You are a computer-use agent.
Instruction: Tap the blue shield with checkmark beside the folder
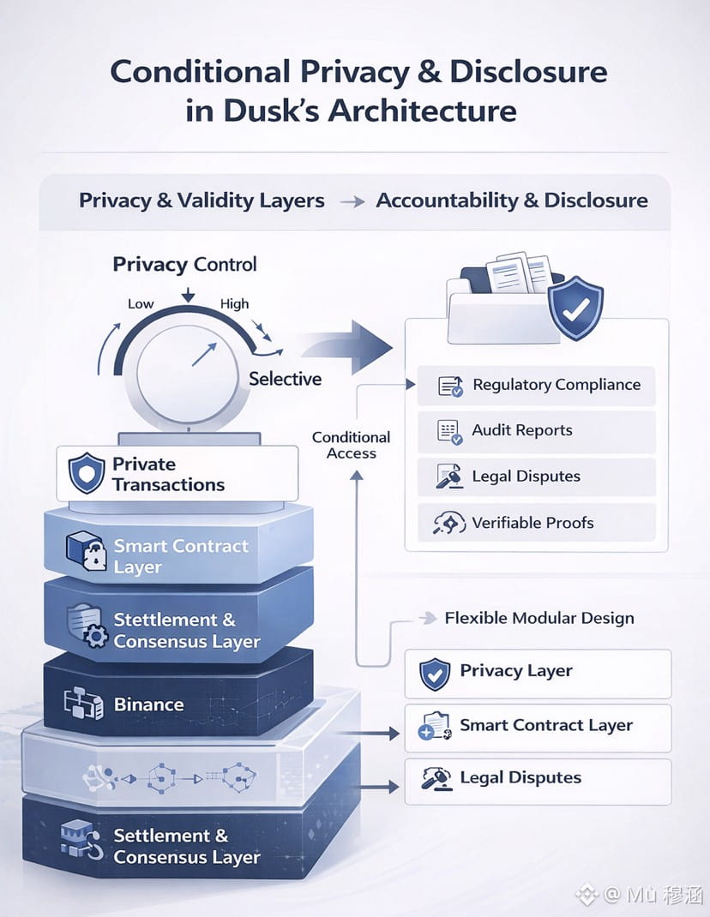[575, 308]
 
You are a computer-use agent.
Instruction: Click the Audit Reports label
[521, 430]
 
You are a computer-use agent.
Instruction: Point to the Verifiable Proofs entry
[532, 522]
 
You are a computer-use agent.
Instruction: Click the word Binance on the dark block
[148, 704]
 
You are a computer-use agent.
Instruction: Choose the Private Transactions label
[167, 474]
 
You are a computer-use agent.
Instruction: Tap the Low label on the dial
[141, 303]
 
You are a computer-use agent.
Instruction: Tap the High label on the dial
[234, 303]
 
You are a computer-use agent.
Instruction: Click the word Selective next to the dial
[285, 379]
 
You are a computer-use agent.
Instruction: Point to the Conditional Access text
[351, 445]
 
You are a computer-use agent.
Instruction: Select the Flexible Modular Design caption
[539, 618]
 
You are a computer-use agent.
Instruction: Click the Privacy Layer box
[537, 673]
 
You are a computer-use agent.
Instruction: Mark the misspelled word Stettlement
[165, 620]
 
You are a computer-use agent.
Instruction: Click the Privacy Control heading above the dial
[184, 264]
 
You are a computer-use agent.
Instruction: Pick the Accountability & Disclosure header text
[512, 201]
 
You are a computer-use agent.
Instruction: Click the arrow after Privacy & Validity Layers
[350, 201]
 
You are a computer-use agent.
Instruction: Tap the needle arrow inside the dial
[203, 352]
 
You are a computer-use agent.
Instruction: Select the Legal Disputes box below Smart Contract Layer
[537, 779]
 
